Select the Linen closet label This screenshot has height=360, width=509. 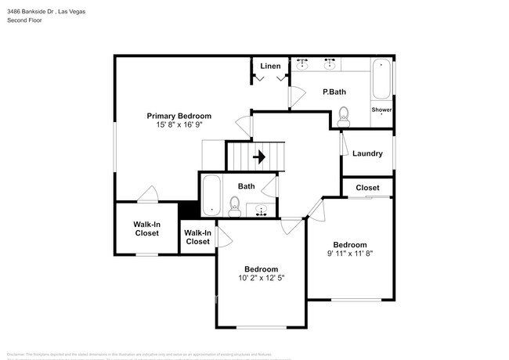tap(271, 66)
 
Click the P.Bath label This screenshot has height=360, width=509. tap(334, 92)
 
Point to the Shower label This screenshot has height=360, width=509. tap(381, 110)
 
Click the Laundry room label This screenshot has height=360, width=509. tap(367, 153)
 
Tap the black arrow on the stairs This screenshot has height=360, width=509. tap(259, 157)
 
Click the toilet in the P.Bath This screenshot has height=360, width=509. tap(344, 119)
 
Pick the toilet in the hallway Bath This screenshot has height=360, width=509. tap(233, 206)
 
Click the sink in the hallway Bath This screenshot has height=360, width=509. tap(262, 209)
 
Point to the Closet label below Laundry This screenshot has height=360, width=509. tap(367, 188)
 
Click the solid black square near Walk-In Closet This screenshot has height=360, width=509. tap(188, 211)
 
